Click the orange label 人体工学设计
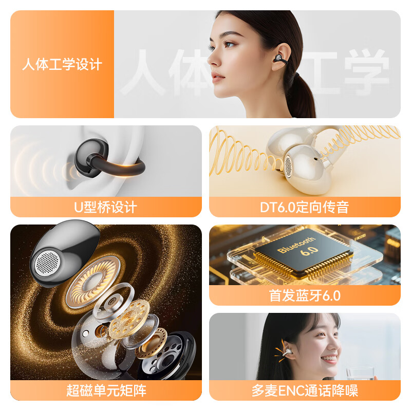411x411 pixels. click(x=62, y=65)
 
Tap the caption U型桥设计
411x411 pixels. click(x=106, y=207)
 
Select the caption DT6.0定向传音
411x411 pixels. click(x=304, y=207)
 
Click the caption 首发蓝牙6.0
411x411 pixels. click(x=304, y=295)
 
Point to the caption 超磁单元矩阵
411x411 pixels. click(x=106, y=390)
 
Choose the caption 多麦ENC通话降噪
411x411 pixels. click(x=304, y=390)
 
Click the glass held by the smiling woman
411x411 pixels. click(x=354, y=373)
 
